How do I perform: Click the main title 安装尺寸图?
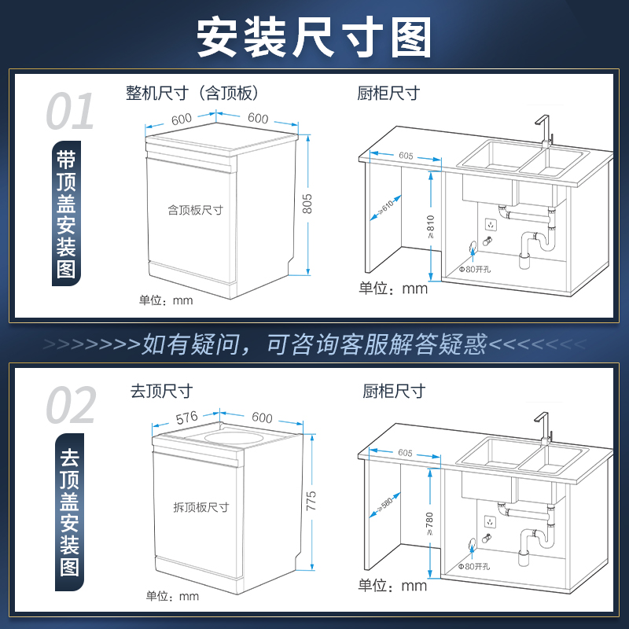point(314,36)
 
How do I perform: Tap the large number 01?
point(70,112)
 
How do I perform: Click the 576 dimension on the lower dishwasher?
point(187,417)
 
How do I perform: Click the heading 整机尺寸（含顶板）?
point(192,94)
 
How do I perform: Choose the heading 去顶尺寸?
point(162,390)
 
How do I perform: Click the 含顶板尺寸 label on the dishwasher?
point(196,210)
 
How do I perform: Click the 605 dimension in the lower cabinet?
point(405,453)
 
